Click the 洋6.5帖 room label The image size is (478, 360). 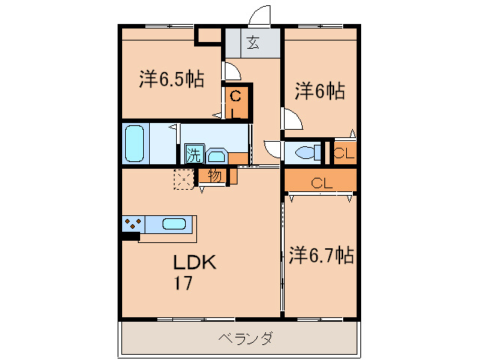[x=172, y=80]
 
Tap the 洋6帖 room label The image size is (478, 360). [x=319, y=91]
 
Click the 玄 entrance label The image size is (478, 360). [x=252, y=43]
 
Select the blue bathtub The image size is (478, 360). [x=135, y=142]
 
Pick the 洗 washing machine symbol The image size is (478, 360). [x=194, y=155]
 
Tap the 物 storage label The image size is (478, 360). [x=214, y=176]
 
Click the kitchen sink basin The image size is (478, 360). [x=174, y=223]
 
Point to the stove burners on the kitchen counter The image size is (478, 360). [x=134, y=223]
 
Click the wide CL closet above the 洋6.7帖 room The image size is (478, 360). [x=320, y=182]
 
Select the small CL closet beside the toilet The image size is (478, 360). [x=344, y=153]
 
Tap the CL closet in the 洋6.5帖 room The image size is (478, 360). [x=235, y=103]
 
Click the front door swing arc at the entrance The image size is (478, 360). [x=260, y=16]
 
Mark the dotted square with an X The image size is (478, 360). [x=183, y=178]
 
